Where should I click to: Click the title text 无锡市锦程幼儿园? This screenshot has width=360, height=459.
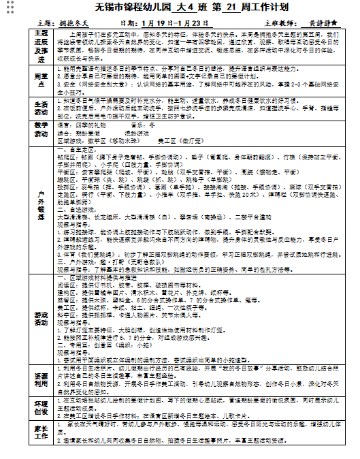pyautogui.click(x=114, y=8)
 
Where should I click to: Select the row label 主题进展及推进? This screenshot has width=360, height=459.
pyautogui.click(x=42, y=46)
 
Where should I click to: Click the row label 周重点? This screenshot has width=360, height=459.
pyautogui.click(x=42, y=80)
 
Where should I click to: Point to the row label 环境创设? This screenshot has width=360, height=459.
pyautogui.click(x=42, y=408)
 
